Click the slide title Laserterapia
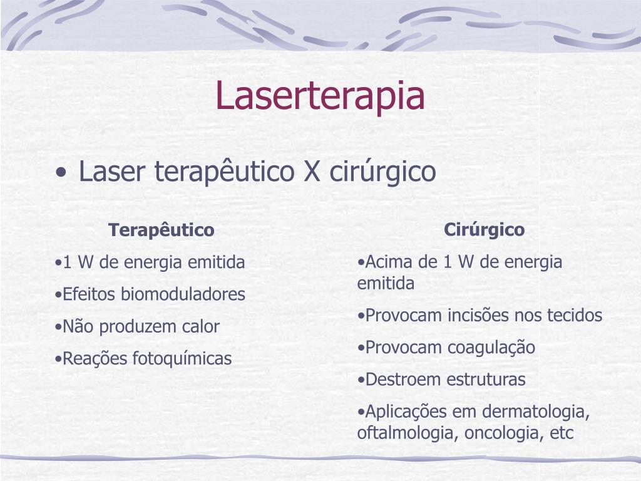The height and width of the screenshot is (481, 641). click(x=320, y=96)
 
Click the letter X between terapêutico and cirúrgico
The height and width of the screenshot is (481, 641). click(x=312, y=172)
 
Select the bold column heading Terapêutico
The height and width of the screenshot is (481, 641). click(x=162, y=230)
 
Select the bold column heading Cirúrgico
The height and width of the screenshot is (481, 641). click(x=484, y=230)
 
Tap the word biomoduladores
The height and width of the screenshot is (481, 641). click(x=183, y=294)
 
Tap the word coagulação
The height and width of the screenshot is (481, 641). click(x=491, y=348)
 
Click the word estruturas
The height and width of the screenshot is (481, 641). click(x=486, y=380)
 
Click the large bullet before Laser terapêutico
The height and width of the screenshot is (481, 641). click(x=61, y=173)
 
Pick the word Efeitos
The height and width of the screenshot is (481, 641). click(x=89, y=294)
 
